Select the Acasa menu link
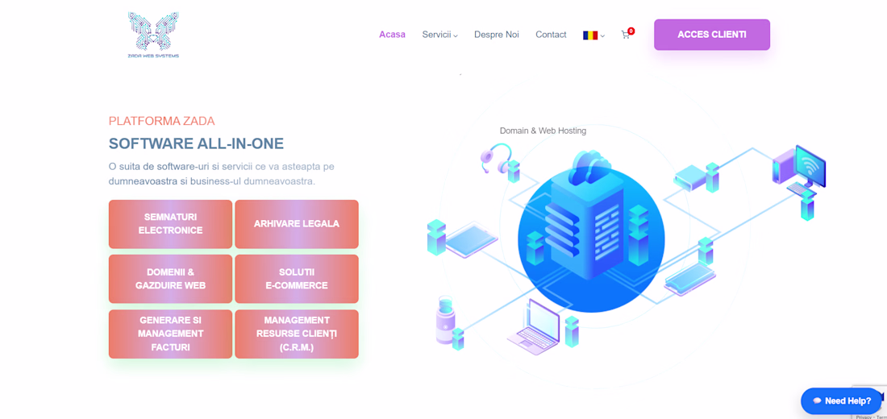392,35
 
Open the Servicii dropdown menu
439,35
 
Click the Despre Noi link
496,35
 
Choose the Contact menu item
551,35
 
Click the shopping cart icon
626,35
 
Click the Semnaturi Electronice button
170,224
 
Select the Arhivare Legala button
297,224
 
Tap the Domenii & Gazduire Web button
170,279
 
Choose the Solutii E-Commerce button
297,279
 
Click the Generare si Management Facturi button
170,334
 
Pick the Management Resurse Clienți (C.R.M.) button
297,334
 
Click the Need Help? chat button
841,401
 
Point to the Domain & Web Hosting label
543,131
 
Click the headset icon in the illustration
496,158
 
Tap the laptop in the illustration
534,327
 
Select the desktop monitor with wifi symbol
810,166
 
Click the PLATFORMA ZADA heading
162,121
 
